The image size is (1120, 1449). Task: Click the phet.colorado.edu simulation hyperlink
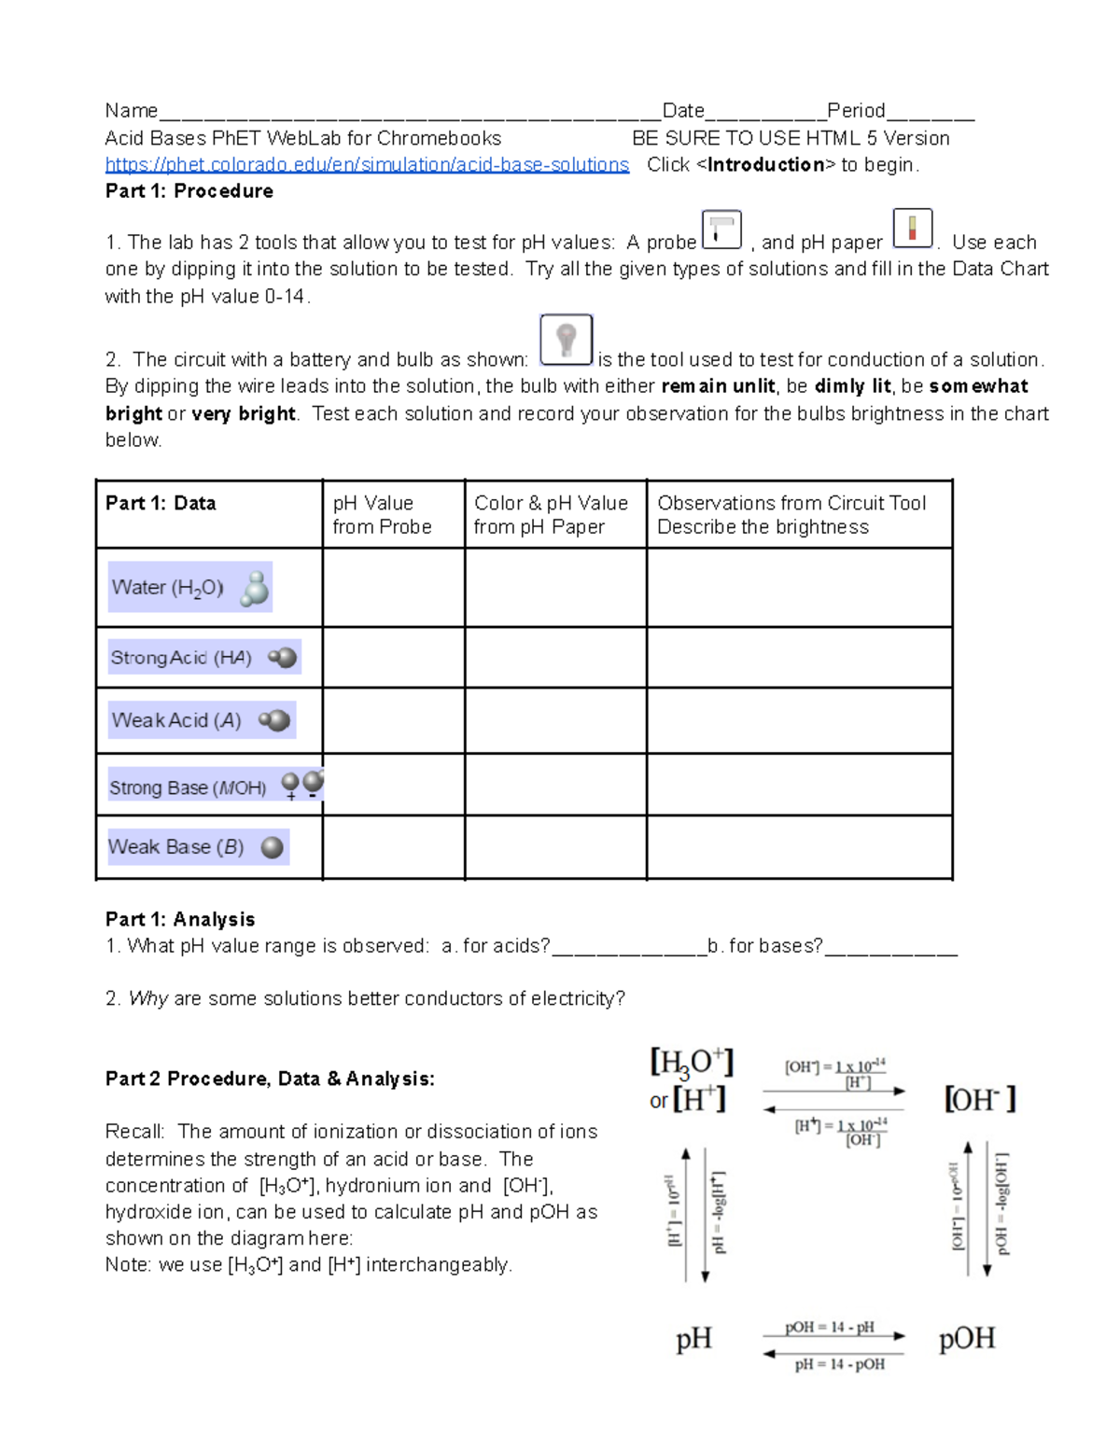[x=367, y=165]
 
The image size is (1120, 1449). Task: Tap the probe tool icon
[x=721, y=230]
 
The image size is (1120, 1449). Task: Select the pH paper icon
[x=913, y=229]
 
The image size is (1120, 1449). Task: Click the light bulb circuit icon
[x=566, y=340]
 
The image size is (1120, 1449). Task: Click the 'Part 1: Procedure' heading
[x=189, y=191]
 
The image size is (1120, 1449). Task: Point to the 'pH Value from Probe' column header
[x=382, y=515]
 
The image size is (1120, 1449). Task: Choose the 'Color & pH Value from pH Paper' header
[x=551, y=515]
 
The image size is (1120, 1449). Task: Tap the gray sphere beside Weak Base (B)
[x=273, y=847]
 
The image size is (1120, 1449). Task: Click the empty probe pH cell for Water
[x=393, y=588]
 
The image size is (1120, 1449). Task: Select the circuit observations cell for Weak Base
[x=799, y=847]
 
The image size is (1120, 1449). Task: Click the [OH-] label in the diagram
[x=979, y=1099]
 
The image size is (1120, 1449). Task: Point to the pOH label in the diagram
[x=967, y=1339]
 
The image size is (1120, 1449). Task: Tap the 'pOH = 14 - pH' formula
[x=829, y=1327]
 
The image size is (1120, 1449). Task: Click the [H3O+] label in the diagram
[x=692, y=1063]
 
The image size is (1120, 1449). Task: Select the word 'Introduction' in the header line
[x=766, y=165]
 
